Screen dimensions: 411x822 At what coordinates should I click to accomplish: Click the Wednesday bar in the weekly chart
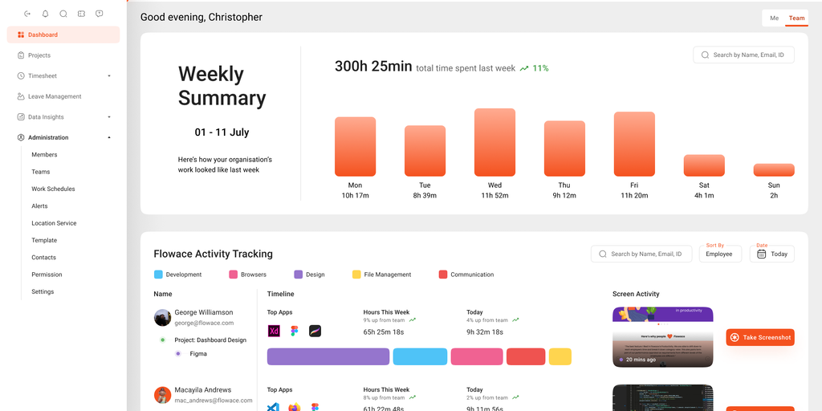(x=494, y=142)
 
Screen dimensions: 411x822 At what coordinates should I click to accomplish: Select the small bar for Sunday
(x=774, y=170)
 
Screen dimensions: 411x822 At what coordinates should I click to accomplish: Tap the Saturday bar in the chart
(x=704, y=165)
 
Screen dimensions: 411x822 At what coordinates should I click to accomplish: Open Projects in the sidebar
(x=39, y=55)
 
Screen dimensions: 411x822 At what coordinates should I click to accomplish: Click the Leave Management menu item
(x=55, y=96)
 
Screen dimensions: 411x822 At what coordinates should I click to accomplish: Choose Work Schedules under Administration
(x=53, y=189)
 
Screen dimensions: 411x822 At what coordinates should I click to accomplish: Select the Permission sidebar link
(x=47, y=275)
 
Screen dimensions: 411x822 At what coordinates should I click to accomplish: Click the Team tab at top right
(x=796, y=18)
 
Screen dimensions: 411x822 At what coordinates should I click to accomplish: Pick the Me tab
(x=774, y=18)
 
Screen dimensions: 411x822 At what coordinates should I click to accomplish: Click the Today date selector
(x=772, y=254)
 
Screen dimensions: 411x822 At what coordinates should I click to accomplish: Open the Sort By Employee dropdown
(x=719, y=254)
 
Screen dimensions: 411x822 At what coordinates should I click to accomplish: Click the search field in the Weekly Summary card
(x=744, y=55)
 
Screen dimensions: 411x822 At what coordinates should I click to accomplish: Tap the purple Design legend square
(x=299, y=275)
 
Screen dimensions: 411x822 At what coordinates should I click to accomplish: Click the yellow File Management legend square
(x=356, y=275)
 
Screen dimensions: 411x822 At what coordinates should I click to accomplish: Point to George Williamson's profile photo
(x=162, y=317)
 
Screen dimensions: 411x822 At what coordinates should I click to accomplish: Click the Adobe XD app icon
(x=273, y=331)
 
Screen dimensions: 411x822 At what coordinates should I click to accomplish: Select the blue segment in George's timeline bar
(x=418, y=356)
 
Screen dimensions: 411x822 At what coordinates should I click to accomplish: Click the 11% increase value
(x=540, y=68)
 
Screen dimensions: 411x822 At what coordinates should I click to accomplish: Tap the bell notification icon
(x=46, y=14)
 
